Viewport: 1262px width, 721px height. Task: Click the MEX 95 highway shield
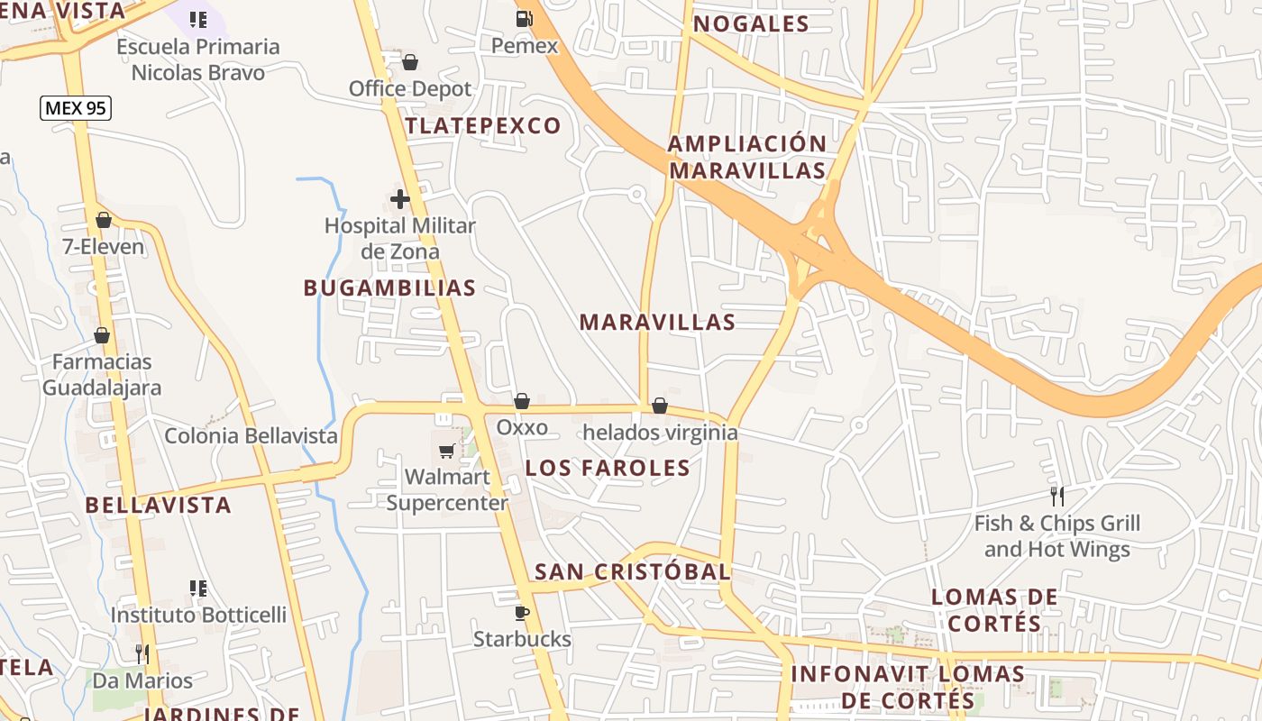(x=76, y=108)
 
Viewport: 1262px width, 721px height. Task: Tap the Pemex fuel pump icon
(x=524, y=18)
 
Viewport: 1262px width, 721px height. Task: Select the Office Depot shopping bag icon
(x=410, y=62)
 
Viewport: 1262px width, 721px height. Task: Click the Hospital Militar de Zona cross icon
(x=400, y=199)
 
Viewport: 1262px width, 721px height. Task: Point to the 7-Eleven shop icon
(x=104, y=220)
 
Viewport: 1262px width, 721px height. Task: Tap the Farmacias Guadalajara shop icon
(x=102, y=336)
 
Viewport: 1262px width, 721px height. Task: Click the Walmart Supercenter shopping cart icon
(x=446, y=451)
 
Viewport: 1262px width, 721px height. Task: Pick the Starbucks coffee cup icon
(x=521, y=613)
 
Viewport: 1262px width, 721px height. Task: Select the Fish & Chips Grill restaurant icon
(x=1056, y=496)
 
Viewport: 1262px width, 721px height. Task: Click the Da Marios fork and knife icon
(x=142, y=653)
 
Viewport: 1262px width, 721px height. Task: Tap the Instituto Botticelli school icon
(x=198, y=589)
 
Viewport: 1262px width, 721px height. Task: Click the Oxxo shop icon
(x=521, y=401)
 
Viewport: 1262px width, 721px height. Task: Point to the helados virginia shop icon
(x=660, y=406)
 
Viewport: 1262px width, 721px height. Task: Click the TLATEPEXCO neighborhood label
(x=483, y=126)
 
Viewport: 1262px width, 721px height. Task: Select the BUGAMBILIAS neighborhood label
(x=389, y=287)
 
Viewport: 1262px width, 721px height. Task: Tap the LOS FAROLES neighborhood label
(x=608, y=468)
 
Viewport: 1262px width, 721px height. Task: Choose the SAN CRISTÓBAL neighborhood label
(x=632, y=571)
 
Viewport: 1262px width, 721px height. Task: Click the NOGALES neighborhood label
(x=751, y=24)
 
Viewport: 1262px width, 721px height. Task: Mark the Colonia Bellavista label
(x=251, y=436)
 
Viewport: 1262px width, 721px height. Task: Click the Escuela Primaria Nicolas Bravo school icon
(x=198, y=20)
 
